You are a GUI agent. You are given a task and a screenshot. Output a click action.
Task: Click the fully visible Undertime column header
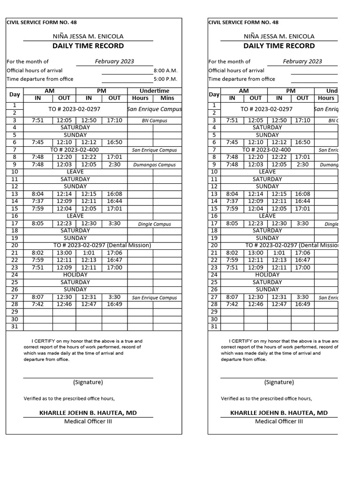(x=154, y=90)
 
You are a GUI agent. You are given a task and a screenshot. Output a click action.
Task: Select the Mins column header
(x=167, y=98)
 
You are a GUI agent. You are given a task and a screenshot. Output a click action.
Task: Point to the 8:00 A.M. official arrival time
(x=165, y=70)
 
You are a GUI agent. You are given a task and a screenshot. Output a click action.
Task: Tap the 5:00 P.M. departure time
(x=165, y=79)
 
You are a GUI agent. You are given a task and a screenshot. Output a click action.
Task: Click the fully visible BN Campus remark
(x=154, y=120)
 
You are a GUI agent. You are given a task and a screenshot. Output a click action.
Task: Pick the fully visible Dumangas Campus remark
(x=154, y=165)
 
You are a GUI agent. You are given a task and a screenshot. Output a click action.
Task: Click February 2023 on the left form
(x=114, y=61)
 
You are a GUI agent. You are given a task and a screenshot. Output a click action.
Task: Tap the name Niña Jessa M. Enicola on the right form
(x=279, y=36)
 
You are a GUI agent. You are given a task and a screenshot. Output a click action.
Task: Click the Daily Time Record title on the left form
(x=88, y=46)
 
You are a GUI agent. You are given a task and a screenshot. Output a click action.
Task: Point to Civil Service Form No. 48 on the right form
(x=243, y=22)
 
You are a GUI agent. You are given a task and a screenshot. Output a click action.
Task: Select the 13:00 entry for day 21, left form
(x=64, y=253)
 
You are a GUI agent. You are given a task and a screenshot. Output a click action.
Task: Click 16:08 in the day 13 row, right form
(x=302, y=194)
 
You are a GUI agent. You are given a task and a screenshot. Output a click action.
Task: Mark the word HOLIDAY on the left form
(x=75, y=275)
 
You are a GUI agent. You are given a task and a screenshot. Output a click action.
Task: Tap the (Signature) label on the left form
(x=88, y=382)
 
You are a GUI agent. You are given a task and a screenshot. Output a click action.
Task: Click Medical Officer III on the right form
(x=279, y=421)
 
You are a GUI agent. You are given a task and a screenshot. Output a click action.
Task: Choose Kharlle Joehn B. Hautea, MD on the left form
(x=88, y=412)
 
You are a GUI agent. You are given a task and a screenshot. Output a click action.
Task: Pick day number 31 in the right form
(x=214, y=326)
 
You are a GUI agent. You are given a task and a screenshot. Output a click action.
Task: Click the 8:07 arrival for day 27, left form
(x=37, y=297)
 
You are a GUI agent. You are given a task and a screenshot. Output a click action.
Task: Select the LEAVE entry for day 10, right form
(x=267, y=172)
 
